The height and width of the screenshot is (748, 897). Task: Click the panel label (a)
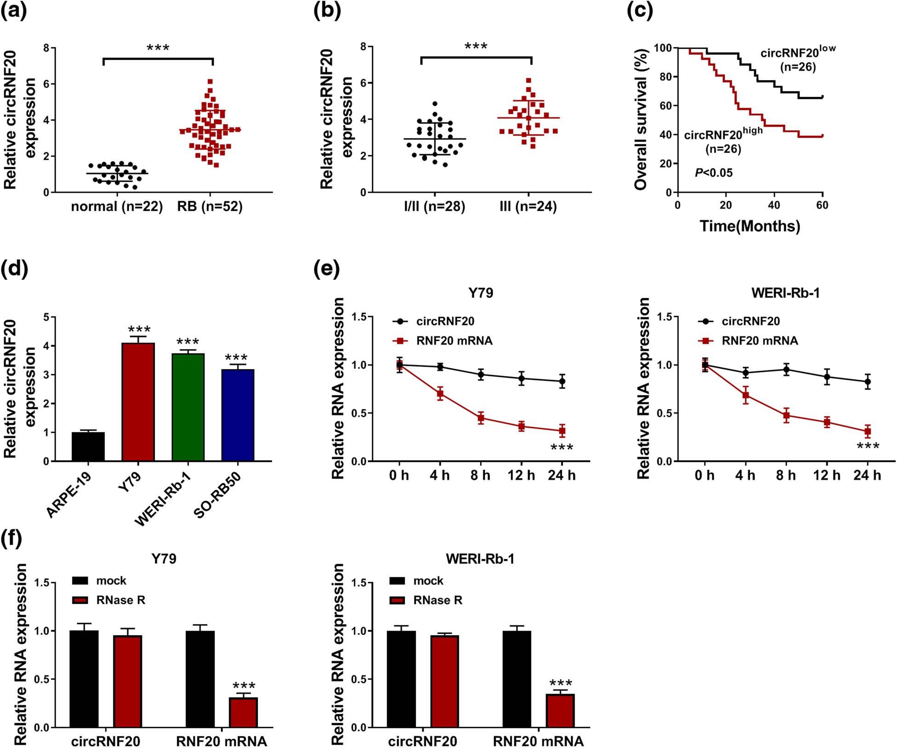click(x=14, y=10)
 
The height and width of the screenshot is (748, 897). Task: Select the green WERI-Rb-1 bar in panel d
click(x=188, y=407)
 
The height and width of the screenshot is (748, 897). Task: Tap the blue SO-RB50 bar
click(x=237, y=415)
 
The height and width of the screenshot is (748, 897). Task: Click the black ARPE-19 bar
click(x=88, y=446)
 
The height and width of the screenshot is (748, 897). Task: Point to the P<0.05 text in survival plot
click(x=713, y=173)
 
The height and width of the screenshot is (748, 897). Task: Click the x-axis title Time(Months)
click(x=750, y=226)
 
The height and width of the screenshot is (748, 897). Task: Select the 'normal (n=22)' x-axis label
click(x=117, y=206)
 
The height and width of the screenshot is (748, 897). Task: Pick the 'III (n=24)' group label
click(x=528, y=206)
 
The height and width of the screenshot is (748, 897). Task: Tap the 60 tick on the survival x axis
click(x=822, y=205)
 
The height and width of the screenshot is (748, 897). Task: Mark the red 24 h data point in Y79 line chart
click(x=562, y=431)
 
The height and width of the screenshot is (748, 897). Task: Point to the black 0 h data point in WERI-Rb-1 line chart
click(x=705, y=365)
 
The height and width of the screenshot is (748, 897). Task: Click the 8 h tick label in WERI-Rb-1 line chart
click(x=786, y=475)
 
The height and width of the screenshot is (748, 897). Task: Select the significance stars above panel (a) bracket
click(x=158, y=47)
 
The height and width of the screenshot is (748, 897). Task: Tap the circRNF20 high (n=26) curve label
click(x=723, y=141)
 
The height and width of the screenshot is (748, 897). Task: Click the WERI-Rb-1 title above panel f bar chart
click(x=480, y=559)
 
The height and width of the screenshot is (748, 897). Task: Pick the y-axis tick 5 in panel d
click(x=46, y=317)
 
